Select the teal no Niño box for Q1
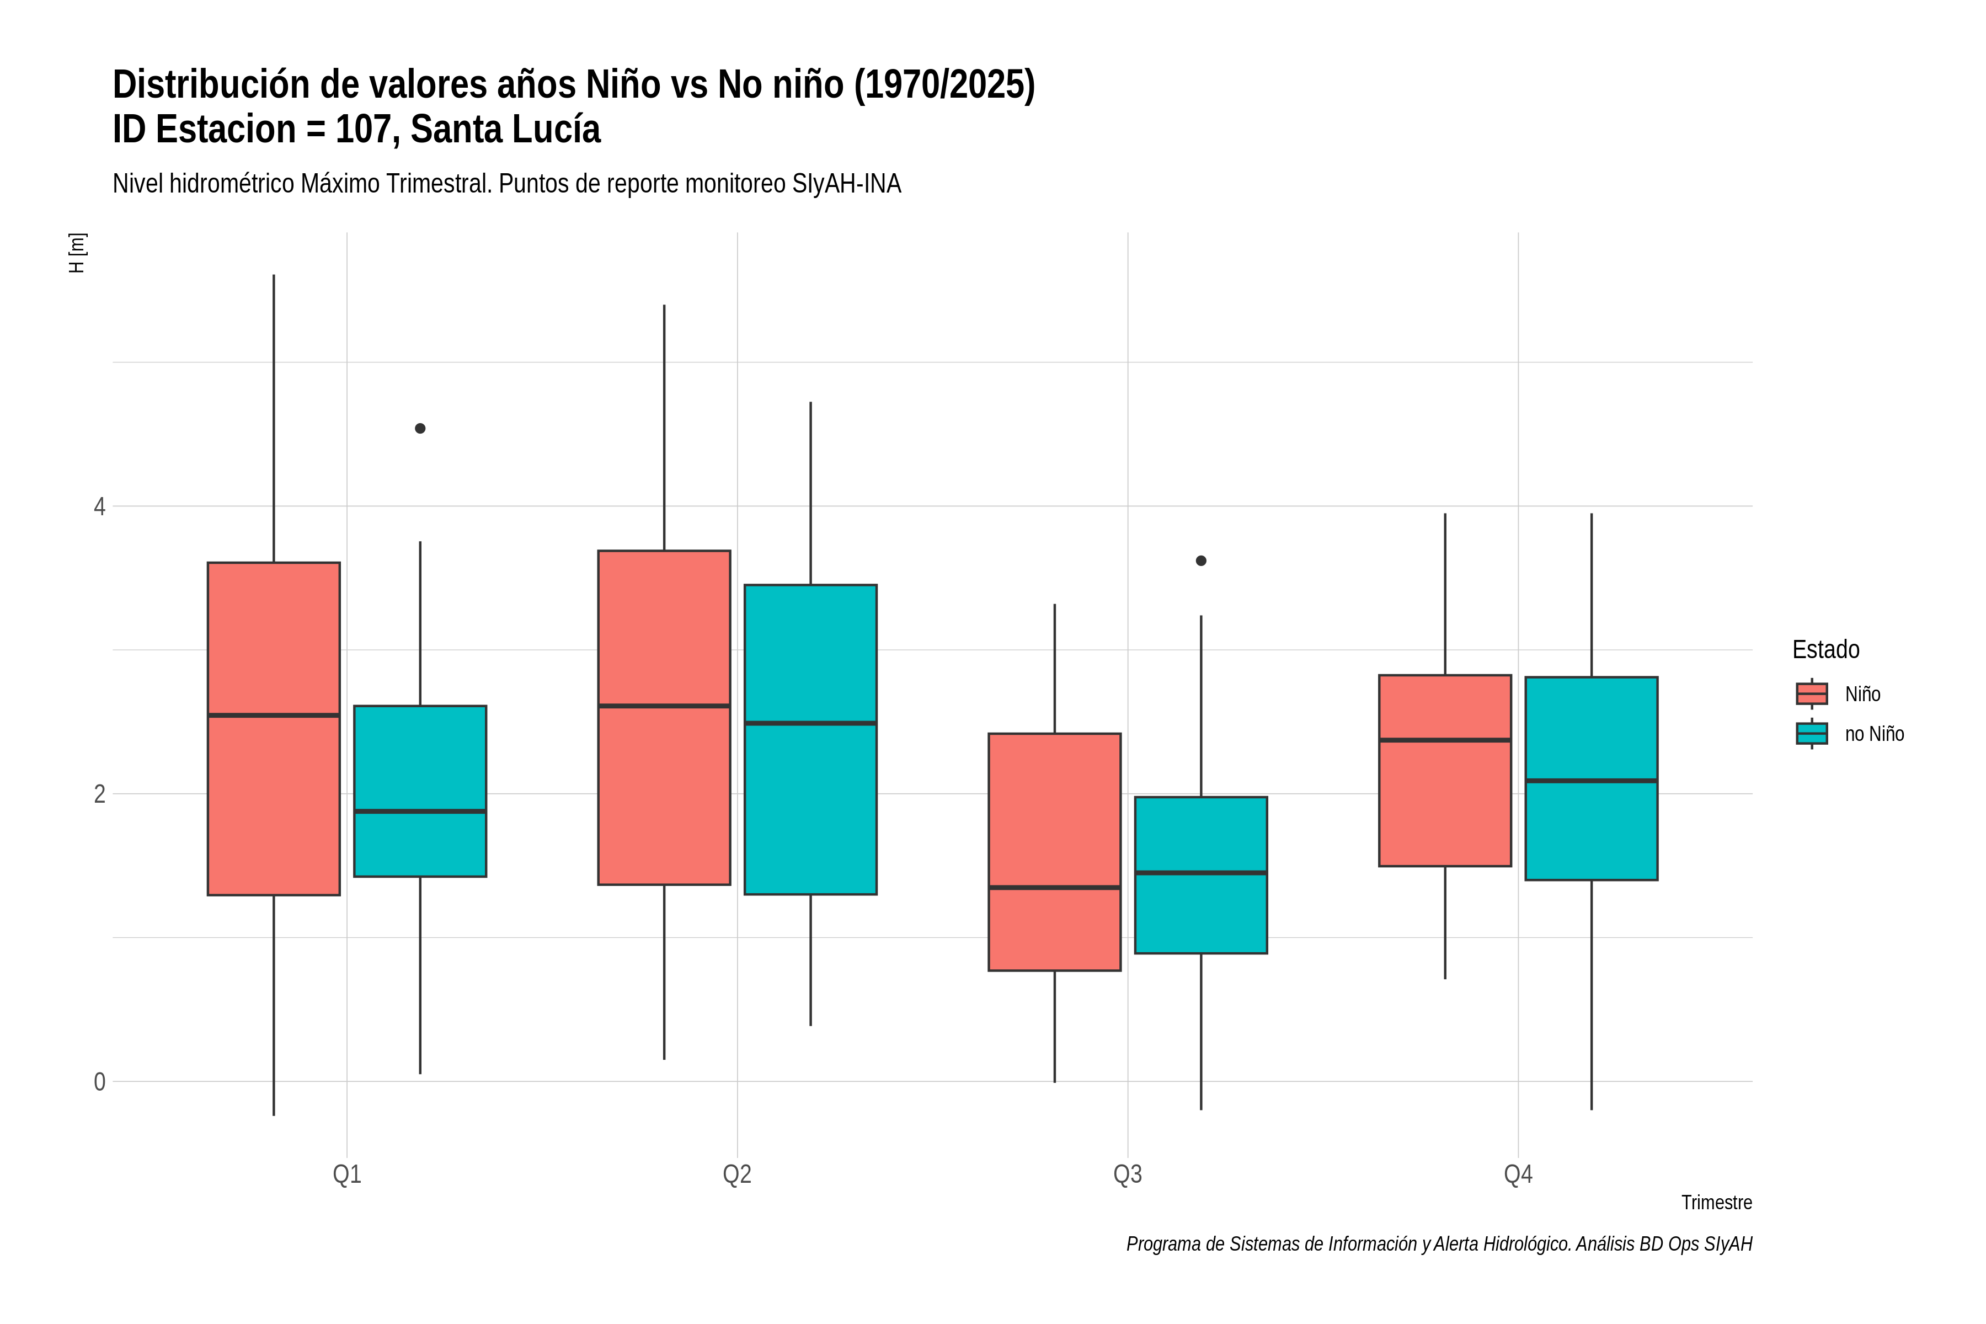tap(420, 791)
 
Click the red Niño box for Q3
tap(1055, 851)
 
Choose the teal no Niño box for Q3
tap(1201, 875)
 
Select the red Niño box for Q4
tap(1445, 770)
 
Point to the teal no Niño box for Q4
tap(1592, 778)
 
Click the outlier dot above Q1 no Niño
tap(420, 428)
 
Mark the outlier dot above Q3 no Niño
tap(1201, 560)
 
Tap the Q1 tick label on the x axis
tap(347, 1174)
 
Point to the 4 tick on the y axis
tap(100, 506)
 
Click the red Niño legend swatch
tap(1812, 693)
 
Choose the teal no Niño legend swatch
tap(1812, 733)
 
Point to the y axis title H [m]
tap(77, 253)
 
